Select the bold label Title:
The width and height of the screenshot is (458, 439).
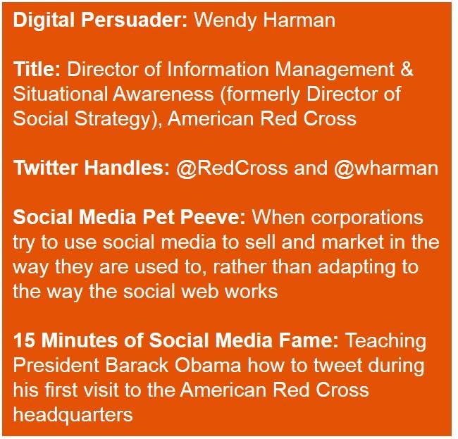click(37, 69)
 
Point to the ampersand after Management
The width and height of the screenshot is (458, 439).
click(407, 69)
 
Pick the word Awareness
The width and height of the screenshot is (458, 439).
click(163, 94)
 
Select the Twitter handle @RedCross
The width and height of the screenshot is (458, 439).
click(232, 168)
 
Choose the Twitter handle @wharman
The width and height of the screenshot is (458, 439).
click(386, 168)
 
